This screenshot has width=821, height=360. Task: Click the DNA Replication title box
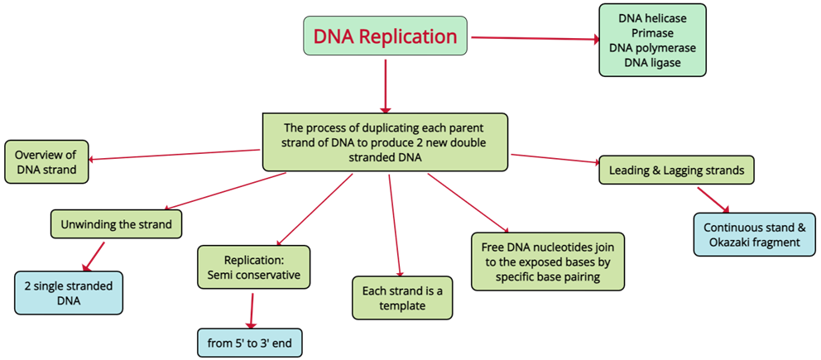point(385,36)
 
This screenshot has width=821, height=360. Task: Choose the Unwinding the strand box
point(116,224)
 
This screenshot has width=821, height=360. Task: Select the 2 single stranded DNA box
point(69,292)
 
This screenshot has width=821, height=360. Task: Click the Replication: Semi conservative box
point(253,266)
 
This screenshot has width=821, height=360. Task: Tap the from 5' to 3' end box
point(249,342)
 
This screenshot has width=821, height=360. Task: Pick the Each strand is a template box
point(401,298)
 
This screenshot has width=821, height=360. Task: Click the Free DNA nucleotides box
point(547,261)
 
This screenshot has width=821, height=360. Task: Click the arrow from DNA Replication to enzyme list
point(534,38)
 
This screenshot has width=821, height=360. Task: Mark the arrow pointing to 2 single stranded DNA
point(94,256)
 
